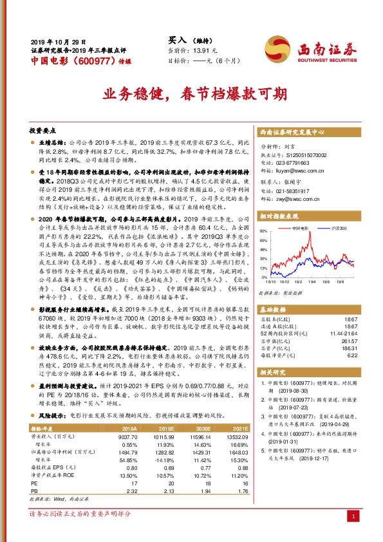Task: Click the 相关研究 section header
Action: pyautogui.click(x=277, y=371)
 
